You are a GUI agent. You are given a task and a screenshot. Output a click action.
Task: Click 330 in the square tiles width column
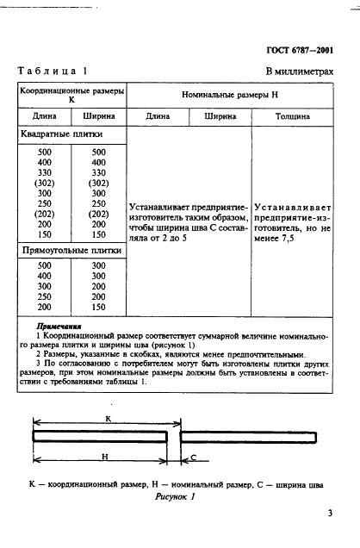pyautogui.click(x=98, y=172)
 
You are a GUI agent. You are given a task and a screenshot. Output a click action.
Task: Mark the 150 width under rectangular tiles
pyautogui.click(x=98, y=307)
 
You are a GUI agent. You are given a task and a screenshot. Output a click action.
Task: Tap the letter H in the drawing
pyautogui.click(x=102, y=458)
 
